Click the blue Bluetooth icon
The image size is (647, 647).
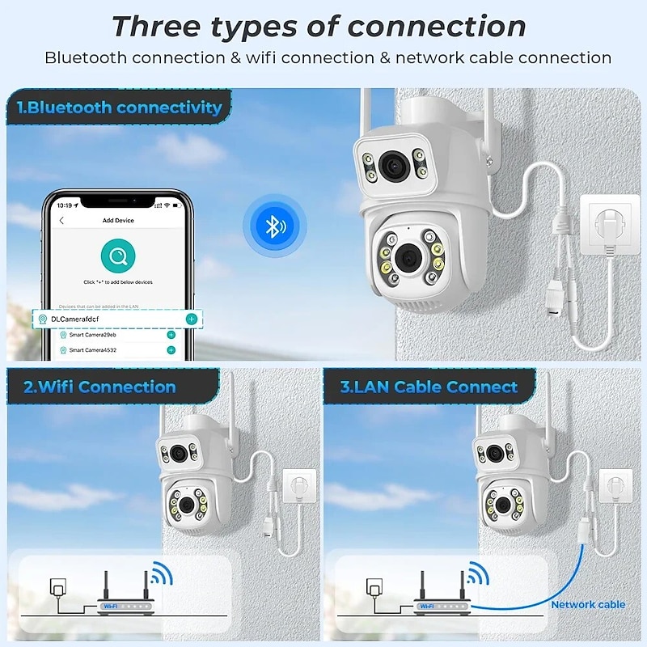(275, 226)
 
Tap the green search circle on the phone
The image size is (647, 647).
(118, 257)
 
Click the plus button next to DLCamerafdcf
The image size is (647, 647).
(191, 319)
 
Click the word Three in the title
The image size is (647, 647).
(154, 26)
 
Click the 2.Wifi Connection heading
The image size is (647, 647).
(100, 387)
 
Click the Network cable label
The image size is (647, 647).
(588, 604)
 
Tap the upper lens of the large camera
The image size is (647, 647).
(395, 167)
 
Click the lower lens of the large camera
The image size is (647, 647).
(406, 256)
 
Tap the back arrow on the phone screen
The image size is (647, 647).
(62, 220)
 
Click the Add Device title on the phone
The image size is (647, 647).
(118, 220)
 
